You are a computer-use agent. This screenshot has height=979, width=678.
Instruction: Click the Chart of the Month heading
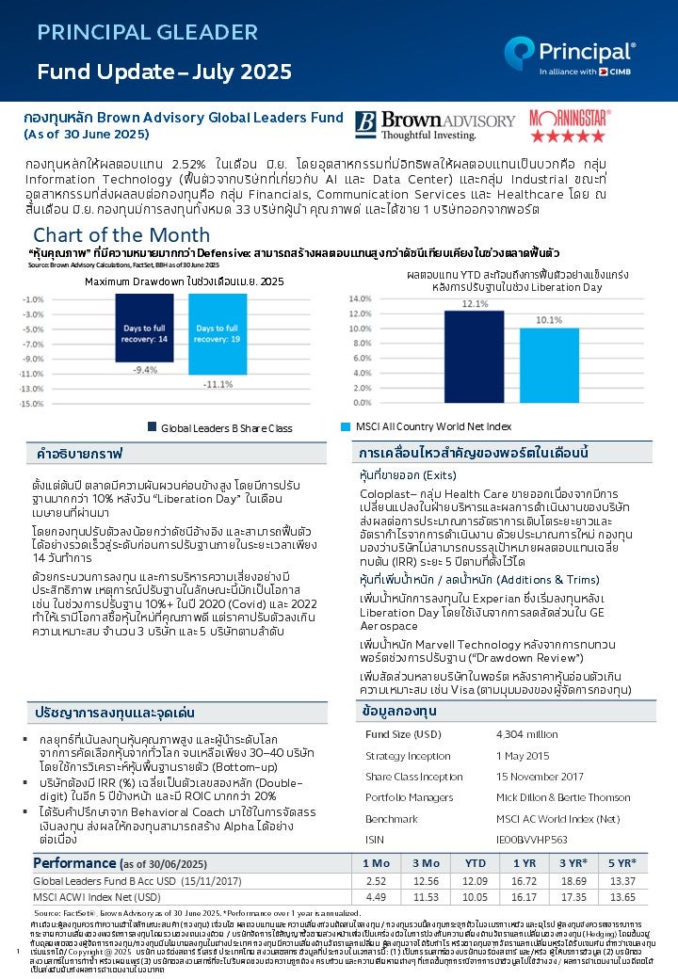[x=121, y=234]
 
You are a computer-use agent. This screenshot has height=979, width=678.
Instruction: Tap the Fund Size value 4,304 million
[x=526, y=733]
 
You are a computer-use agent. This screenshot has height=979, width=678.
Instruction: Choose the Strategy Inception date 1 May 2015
[x=523, y=756]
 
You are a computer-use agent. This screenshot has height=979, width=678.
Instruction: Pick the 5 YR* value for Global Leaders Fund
[x=621, y=881]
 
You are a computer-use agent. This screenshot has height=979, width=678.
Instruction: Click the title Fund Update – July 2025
[x=164, y=72]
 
